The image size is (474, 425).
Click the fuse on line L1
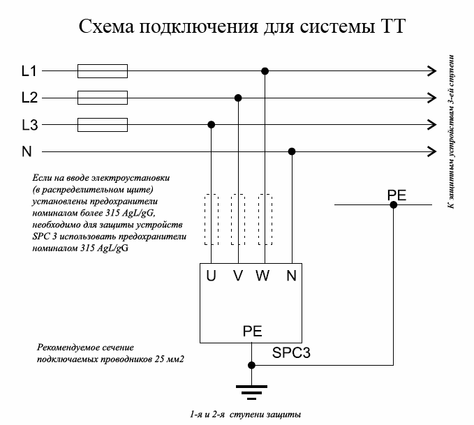103,71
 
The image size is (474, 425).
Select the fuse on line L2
103,98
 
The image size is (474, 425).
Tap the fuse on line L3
103,124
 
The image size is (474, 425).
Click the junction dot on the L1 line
265,71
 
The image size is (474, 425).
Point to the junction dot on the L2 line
238,98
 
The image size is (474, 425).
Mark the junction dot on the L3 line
212,124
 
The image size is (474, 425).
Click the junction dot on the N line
292,151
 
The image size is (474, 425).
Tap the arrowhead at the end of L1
432,71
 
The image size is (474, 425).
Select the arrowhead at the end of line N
432,151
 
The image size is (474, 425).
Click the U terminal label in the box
211,276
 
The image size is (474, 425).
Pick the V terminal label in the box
238,276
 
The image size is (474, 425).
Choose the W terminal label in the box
262,276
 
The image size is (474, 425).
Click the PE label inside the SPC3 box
253,331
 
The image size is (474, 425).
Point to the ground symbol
251,393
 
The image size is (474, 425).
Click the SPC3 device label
291,352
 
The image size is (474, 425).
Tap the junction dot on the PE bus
393,205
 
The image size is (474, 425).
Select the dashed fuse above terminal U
212,219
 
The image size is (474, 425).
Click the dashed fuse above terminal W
265,219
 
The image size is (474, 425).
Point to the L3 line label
29,125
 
